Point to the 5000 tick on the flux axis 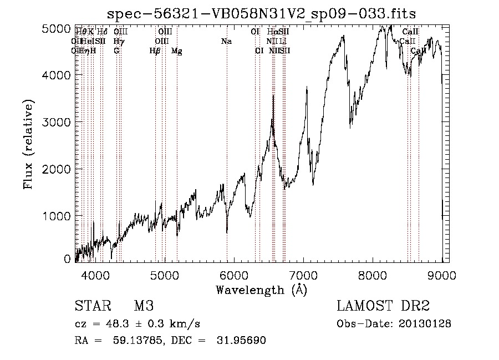[x=57, y=29]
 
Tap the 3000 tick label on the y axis [x=57, y=121]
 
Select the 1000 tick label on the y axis [x=57, y=216]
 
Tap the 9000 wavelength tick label [x=442, y=275]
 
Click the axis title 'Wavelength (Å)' [x=261, y=289]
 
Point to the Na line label [x=226, y=42]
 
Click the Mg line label [x=177, y=51]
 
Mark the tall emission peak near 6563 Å [x=273, y=97]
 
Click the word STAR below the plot [x=91, y=306]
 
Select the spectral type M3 [x=143, y=306]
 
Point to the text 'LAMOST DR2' [x=383, y=306]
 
